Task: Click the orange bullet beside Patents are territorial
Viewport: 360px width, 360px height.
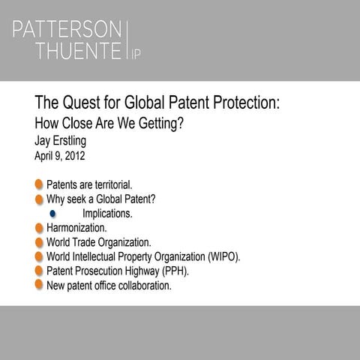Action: pyautogui.click(x=38, y=184)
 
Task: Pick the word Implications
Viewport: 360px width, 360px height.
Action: pyautogui.click(x=107, y=214)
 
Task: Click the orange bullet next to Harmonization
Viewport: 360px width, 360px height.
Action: pyautogui.click(x=38, y=227)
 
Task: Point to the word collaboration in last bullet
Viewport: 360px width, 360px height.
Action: pyautogui.click(x=144, y=285)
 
